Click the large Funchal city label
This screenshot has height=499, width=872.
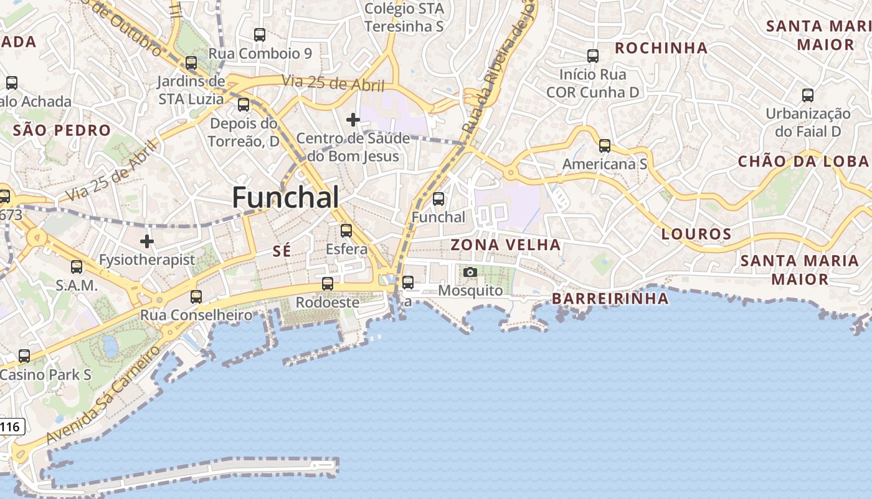tap(286, 198)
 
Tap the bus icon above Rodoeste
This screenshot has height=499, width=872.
tap(328, 284)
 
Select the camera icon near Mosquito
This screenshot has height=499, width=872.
tap(470, 272)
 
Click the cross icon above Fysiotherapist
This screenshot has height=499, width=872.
tap(147, 241)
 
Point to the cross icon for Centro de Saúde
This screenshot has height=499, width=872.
tap(353, 119)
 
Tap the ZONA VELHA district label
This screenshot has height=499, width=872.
tap(506, 245)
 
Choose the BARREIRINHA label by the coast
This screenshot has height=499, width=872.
tap(610, 299)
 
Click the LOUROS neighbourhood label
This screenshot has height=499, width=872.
tap(696, 235)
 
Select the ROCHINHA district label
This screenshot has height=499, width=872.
tap(661, 48)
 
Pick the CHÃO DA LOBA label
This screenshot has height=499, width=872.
tap(803, 162)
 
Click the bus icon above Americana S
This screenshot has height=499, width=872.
tap(605, 146)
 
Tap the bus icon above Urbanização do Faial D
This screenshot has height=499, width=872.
tap(808, 95)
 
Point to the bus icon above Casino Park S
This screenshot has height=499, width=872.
tap(24, 356)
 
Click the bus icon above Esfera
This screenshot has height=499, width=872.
tap(346, 231)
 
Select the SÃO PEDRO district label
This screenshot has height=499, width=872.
tap(62, 131)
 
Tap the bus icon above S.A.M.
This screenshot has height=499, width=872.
tap(77, 267)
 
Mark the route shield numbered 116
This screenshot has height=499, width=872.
tap(11, 427)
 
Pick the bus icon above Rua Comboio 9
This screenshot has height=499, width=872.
tap(260, 35)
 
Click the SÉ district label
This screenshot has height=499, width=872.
tap(282, 251)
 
